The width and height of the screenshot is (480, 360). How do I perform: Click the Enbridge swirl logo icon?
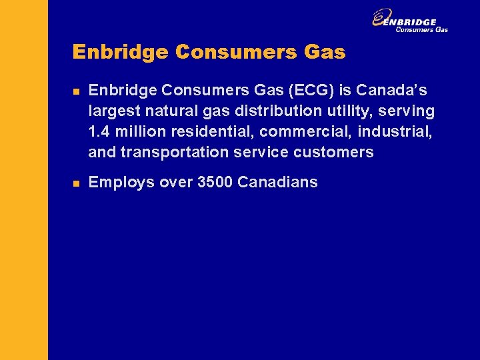coord(381,18)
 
